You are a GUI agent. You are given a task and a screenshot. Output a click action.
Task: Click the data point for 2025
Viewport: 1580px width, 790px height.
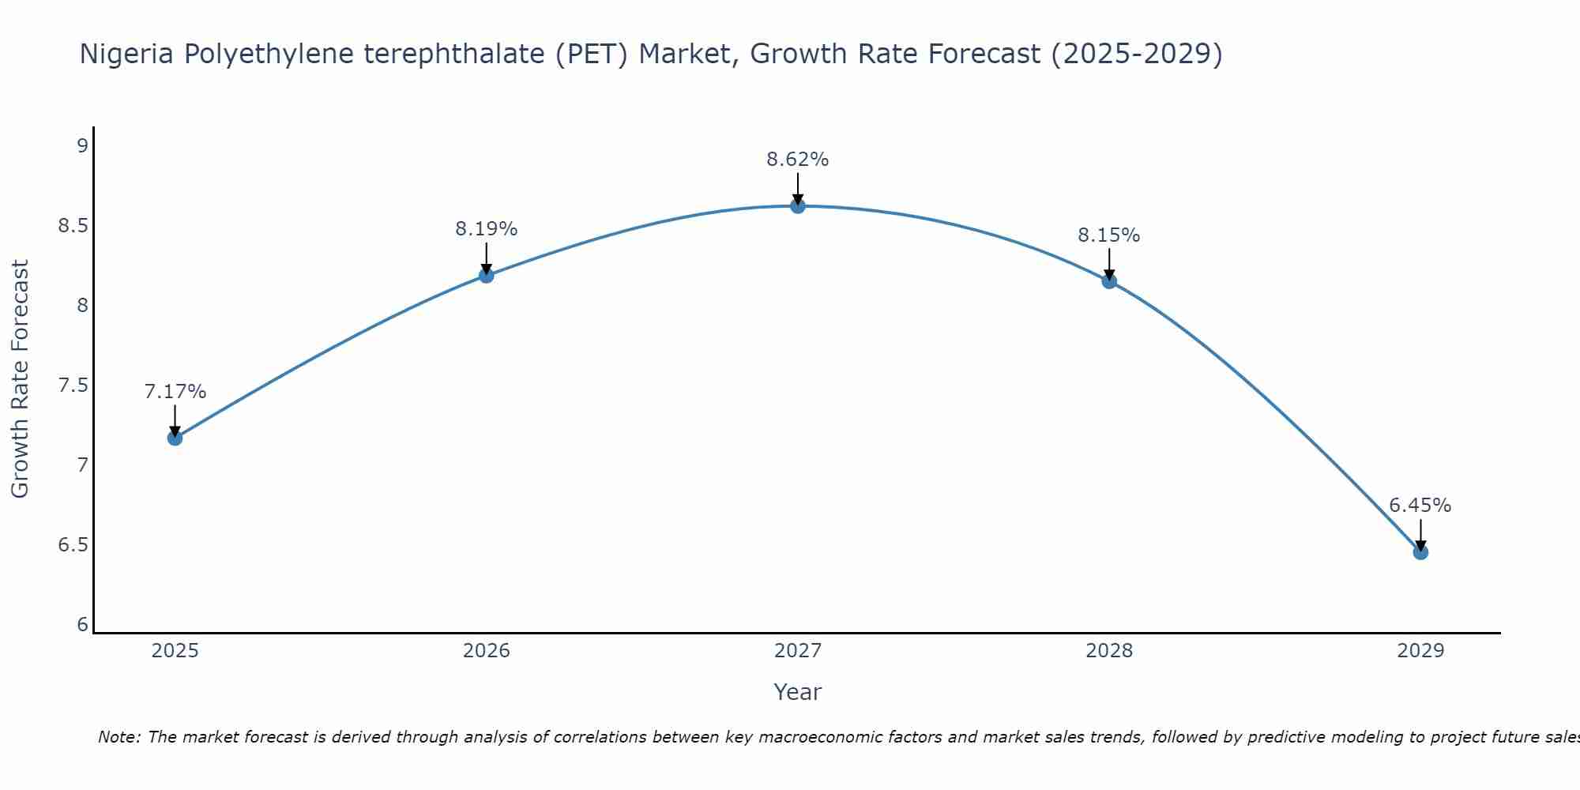point(175,438)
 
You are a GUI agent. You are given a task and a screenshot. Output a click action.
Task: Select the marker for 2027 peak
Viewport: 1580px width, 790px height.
point(798,206)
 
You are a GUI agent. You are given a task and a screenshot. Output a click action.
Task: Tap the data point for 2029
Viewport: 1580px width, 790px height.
point(1420,552)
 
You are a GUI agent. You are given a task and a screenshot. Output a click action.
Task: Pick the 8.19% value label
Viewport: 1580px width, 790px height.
point(486,229)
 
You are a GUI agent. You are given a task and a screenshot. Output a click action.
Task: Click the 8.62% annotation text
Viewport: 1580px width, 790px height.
point(798,160)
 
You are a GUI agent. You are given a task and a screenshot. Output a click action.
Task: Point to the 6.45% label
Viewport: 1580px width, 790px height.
point(1420,506)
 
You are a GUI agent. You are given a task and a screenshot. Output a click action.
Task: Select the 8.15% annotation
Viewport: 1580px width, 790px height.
point(1108,235)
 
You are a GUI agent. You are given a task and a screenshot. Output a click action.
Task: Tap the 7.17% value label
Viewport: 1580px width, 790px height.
point(175,392)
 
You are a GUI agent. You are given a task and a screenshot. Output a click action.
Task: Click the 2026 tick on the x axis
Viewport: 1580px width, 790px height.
point(486,651)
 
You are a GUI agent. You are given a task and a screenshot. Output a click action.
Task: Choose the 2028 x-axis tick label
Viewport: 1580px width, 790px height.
point(1108,651)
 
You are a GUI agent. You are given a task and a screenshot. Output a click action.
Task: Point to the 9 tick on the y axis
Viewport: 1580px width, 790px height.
point(82,145)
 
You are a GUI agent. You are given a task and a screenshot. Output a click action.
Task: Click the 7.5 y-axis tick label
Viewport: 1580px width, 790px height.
point(73,386)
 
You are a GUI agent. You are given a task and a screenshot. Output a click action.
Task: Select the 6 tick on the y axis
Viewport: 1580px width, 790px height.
point(82,625)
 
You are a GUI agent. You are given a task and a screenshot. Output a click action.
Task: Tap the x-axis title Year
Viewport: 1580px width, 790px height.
point(797,692)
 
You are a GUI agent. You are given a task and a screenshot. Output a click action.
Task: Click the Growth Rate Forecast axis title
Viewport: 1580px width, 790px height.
point(20,378)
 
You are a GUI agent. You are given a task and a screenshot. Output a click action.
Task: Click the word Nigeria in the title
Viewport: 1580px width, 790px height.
point(127,54)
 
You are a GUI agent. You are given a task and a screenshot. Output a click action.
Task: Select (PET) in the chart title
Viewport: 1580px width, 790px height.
point(591,54)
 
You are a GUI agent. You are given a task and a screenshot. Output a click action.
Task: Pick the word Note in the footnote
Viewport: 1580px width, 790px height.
point(118,737)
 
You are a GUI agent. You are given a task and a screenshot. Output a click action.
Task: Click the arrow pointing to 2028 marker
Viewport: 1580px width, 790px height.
point(1109,264)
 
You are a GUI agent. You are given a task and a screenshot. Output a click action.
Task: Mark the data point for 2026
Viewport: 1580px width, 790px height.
point(486,275)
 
